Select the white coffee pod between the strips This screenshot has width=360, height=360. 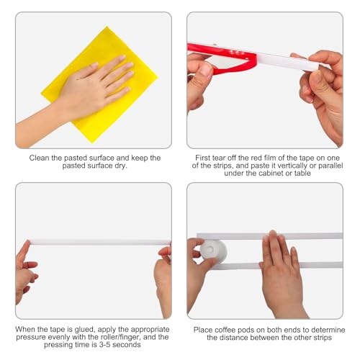pos(213,251)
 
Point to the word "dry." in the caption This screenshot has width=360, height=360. pos(121,166)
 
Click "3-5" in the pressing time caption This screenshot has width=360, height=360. pos(104,345)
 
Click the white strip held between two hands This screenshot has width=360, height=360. pos(99,242)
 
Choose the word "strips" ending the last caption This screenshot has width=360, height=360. pos(321,338)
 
